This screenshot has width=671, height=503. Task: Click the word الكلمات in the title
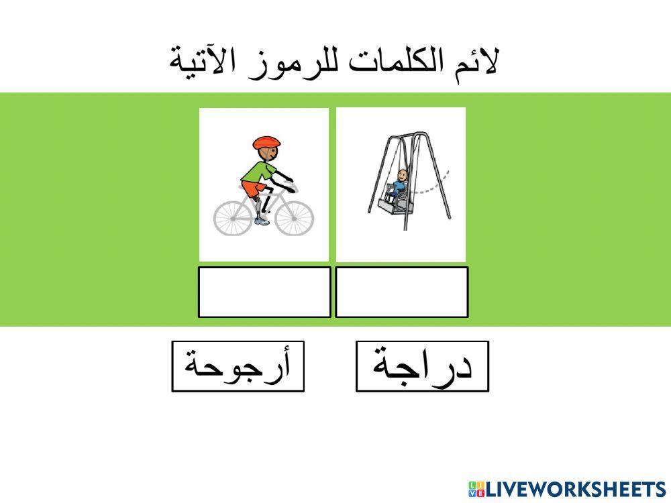click(389, 62)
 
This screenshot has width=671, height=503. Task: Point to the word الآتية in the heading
click(201, 62)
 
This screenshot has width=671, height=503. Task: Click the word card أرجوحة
click(238, 366)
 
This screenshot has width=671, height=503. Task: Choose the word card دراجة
click(422, 366)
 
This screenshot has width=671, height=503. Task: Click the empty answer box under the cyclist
click(264, 292)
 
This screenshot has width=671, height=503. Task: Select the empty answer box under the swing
click(401, 292)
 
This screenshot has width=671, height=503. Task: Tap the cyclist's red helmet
click(266, 143)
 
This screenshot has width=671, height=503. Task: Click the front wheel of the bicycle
click(294, 214)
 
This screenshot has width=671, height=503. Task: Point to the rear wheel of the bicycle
click(234, 215)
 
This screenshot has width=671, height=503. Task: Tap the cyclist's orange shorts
click(252, 189)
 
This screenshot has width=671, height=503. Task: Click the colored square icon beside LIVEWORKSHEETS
click(476, 489)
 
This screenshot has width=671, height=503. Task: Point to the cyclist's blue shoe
click(262, 221)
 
